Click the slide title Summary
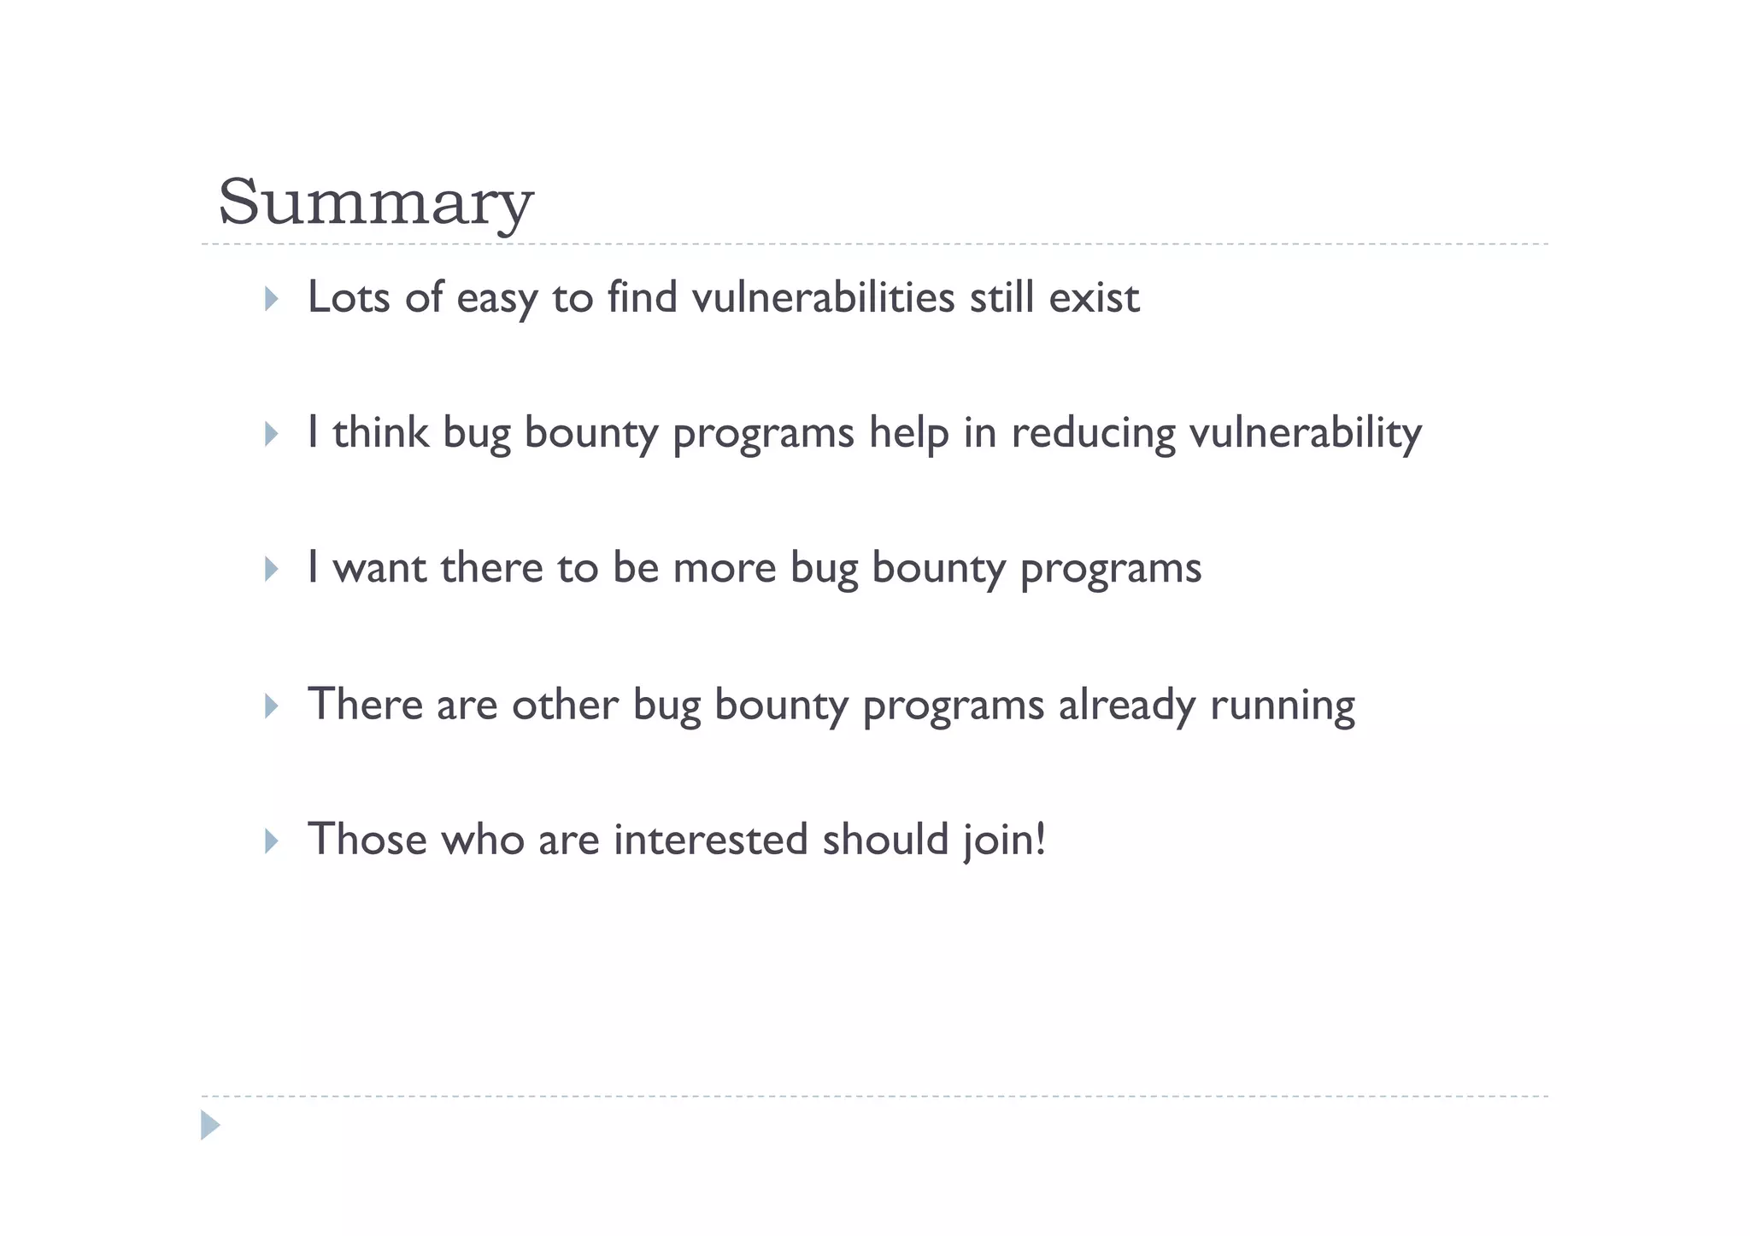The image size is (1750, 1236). coord(375,202)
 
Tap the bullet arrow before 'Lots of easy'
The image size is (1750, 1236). coord(271,299)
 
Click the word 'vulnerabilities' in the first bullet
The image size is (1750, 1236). coord(823,297)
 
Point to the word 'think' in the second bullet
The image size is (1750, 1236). coord(380,432)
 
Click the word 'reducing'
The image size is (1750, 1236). coord(1094,434)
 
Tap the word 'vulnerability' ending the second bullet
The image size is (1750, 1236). coord(1306,434)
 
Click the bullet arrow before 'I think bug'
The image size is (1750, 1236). coord(271,434)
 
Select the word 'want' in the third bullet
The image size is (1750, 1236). coord(379,568)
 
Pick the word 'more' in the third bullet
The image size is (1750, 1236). coord(725,568)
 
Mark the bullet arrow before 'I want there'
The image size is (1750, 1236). coord(271,570)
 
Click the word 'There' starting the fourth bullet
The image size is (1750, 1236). coord(365,705)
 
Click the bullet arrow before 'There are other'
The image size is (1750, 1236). coord(271,706)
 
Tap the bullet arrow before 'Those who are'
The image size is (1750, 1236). coord(271,841)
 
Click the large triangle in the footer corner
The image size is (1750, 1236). coord(210,1125)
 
